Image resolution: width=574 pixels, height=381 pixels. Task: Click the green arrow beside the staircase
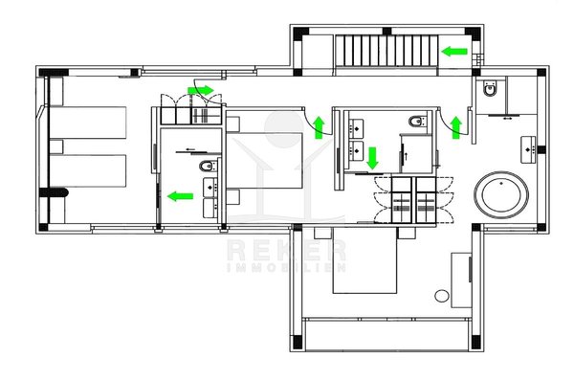[454, 52]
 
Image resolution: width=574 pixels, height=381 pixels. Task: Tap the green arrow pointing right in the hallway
[201, 90]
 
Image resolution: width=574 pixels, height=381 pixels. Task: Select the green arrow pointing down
[373, 158]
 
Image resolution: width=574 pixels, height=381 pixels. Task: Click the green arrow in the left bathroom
[180, 196]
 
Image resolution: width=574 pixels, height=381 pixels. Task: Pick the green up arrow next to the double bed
[320, 127]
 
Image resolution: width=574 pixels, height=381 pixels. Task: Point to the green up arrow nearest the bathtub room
[455, 127]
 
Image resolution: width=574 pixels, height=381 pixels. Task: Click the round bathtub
[501, 194]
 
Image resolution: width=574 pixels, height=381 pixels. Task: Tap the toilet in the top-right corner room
[490, 87]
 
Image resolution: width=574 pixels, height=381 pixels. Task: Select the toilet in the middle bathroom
[417, 121]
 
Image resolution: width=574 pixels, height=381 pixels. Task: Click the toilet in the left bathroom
[208, 167]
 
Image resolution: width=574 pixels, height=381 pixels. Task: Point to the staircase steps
[386, 51]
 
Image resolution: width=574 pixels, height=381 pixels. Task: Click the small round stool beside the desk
[442, 296]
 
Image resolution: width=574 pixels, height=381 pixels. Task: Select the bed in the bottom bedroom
[364, 260]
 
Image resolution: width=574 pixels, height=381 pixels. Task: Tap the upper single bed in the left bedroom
[88, 123]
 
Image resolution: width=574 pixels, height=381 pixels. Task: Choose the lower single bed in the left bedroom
[88, 171]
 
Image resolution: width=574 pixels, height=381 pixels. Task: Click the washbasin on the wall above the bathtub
[528, 149]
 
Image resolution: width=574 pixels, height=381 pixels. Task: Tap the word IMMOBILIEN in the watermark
[286, 267]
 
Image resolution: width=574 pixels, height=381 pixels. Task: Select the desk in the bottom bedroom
[461, 280]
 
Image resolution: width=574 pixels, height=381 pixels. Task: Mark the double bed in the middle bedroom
[264, 161]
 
